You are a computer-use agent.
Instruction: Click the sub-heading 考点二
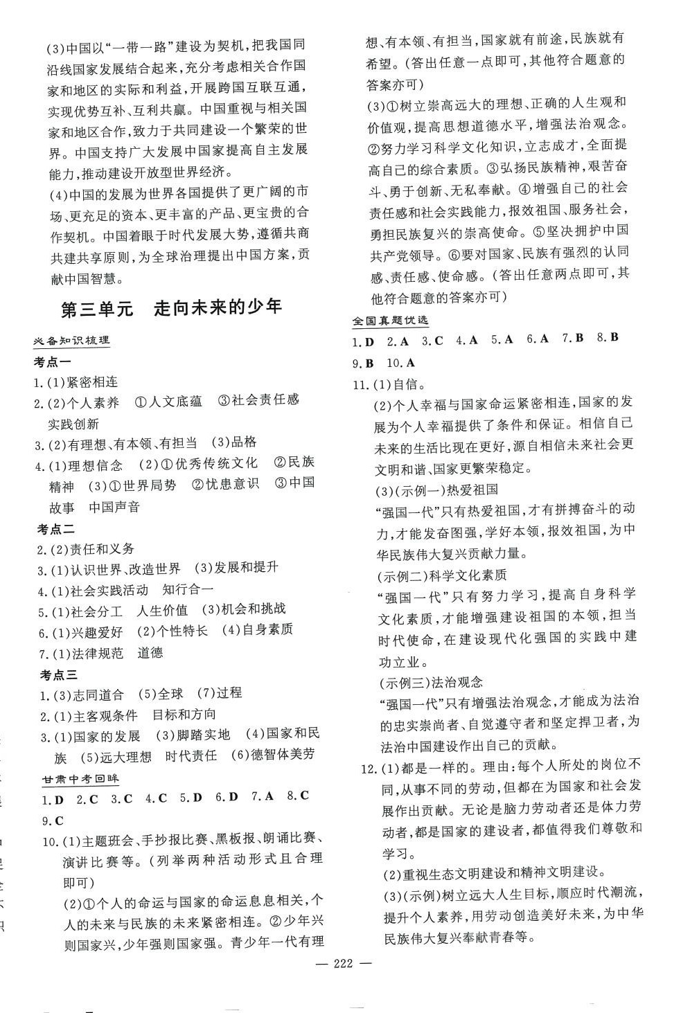[x=55, y=529]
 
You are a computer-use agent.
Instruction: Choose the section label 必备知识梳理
[x=73, y=341]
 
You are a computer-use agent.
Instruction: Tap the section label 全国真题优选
[x=390, y=321]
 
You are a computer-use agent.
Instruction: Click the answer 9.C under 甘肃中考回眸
[x=53, y=821]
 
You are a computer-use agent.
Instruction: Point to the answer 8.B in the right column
[x=607, y=338]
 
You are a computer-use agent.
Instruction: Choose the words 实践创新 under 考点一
[x=73, y=424]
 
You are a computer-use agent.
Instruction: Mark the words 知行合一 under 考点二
[x=188, y=589]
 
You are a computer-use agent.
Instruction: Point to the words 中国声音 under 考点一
[x=114, y=507]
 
